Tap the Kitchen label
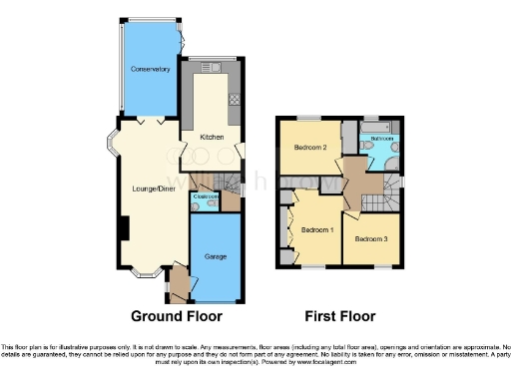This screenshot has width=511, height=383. (x=210, y=137)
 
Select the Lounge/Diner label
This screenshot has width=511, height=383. (x=155, y=188)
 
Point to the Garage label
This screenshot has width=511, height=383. (x=216, y=256)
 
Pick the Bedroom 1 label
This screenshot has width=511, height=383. (x=315, y=229)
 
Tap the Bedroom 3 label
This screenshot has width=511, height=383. (x=370, y=238)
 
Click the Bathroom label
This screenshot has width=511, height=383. (x=382, y=138)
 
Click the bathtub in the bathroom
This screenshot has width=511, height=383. (x=381, y=128)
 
